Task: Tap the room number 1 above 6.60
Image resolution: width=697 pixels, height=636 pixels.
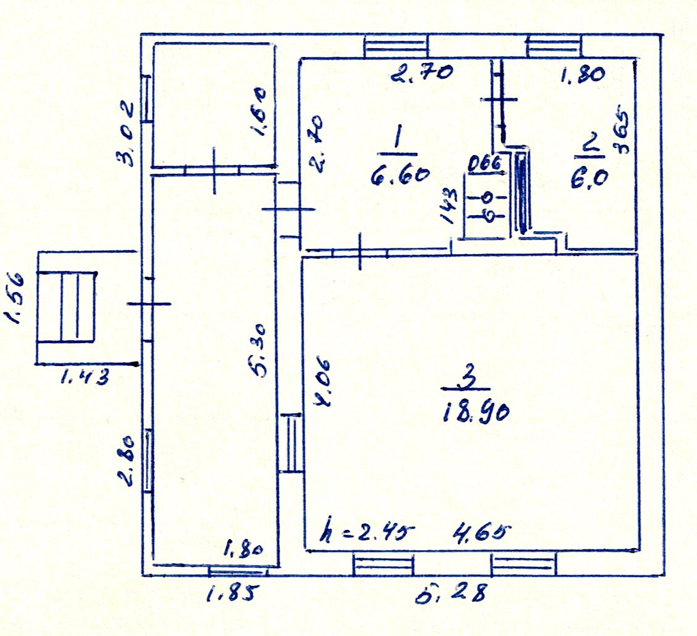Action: pos(398,137)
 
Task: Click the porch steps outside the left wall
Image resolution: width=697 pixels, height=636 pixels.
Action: pos(67,307)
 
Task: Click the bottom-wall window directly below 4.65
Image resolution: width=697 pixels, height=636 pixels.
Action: pos(523,565)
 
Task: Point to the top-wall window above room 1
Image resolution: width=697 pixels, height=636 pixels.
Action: pos(395,45)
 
